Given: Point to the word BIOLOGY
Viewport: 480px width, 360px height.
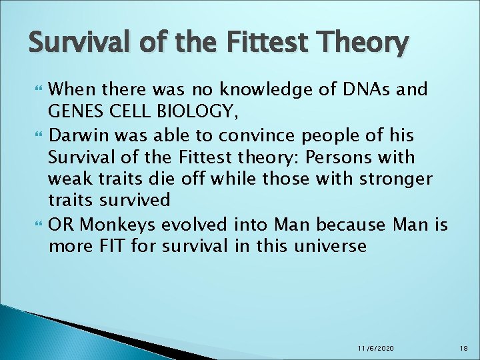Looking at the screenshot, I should [191, 112].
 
